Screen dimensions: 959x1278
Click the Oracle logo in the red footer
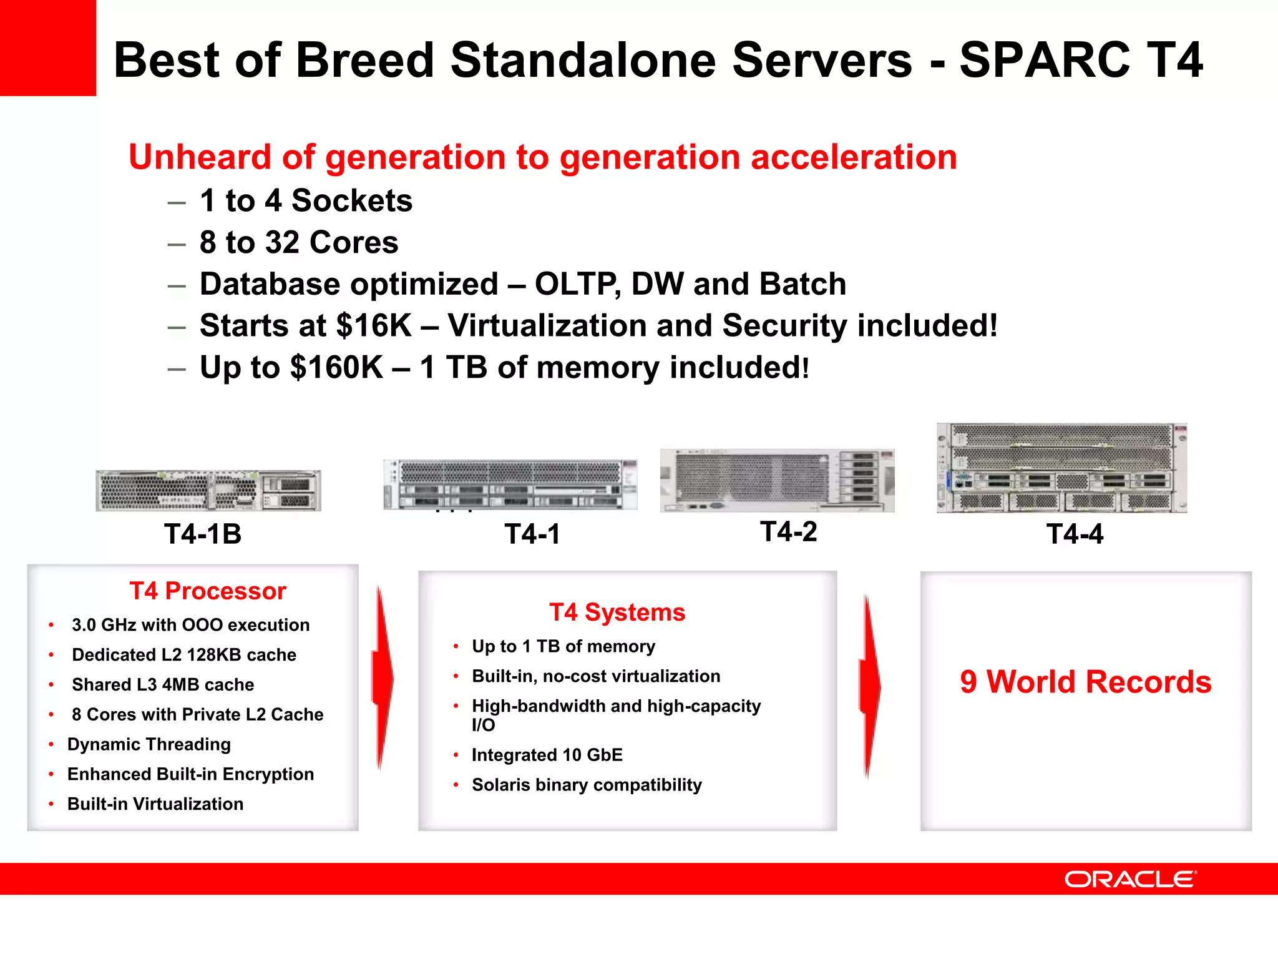point(1130,879)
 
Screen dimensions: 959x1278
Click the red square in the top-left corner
point(47,47)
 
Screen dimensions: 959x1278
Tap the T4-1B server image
point(208,491)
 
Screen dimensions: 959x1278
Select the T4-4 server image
point(1061,468)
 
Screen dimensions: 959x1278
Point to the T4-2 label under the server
point(788,532)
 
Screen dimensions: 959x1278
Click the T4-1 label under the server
point(532,534)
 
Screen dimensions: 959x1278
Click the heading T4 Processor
point(208,591)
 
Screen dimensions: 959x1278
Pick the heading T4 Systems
point(617,612)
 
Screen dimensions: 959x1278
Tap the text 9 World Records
point(1086,682)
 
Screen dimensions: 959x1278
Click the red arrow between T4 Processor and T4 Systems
point(382,678)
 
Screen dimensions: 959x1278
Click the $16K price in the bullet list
point(373,326)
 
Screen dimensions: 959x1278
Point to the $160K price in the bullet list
point(336,367)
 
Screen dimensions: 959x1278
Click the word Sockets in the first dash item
point(352,201)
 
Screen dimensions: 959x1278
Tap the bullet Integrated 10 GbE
point(547,755)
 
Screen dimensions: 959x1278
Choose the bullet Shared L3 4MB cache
point(163,685)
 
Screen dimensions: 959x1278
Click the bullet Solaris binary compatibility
point(587,785)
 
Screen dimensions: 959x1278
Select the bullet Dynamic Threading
point(149,744)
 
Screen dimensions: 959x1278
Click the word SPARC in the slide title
point(1044,60)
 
